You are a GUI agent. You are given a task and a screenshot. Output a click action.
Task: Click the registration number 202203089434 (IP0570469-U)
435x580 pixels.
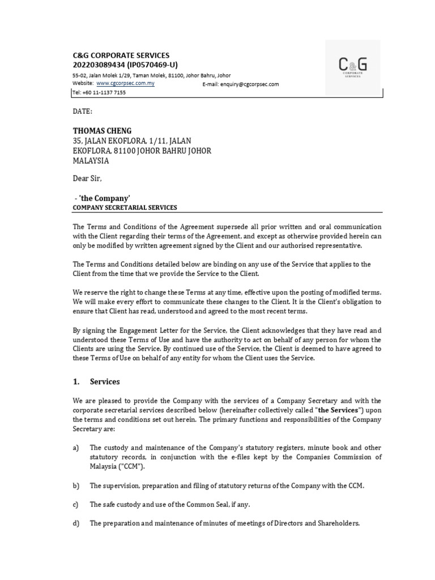125,65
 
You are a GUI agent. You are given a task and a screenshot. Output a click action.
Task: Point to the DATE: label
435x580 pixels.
82,112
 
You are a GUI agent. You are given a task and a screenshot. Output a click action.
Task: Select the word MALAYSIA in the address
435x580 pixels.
91,161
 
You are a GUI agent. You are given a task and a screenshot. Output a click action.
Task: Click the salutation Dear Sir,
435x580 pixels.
88,178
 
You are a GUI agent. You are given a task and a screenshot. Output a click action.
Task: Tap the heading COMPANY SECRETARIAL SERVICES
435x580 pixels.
125,208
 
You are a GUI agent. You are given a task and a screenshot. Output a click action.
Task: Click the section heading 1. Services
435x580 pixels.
96,382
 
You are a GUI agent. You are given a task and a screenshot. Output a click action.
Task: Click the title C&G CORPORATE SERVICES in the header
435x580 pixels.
121,56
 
